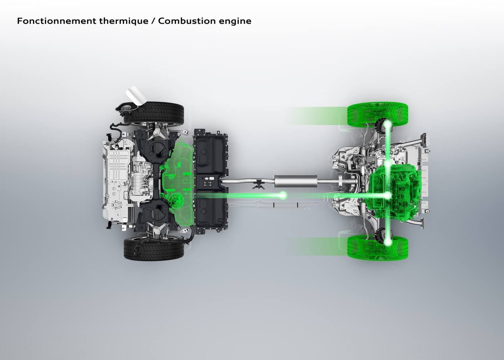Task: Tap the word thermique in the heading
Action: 124,21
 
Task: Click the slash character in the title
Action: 153,21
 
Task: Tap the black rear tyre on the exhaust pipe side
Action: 154,248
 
